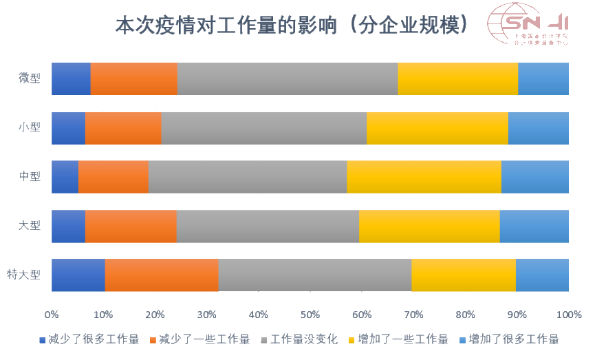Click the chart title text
point(293,25)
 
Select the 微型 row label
point(30,78)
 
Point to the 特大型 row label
point(24,275)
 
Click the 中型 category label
point(30,176)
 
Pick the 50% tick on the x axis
point(310,315)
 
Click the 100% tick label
point(569,315)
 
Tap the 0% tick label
point(52,315)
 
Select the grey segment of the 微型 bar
point(288,78)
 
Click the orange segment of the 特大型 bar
point(162,275)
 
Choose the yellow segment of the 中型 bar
point(424,176)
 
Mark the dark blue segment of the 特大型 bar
point(78,275)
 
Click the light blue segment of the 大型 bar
point(534,226)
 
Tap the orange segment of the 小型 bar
point(123,128)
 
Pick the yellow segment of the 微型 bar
point(457,78)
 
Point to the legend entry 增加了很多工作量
point(513,339)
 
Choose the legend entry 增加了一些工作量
point(402,339)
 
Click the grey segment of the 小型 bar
point(263,128)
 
